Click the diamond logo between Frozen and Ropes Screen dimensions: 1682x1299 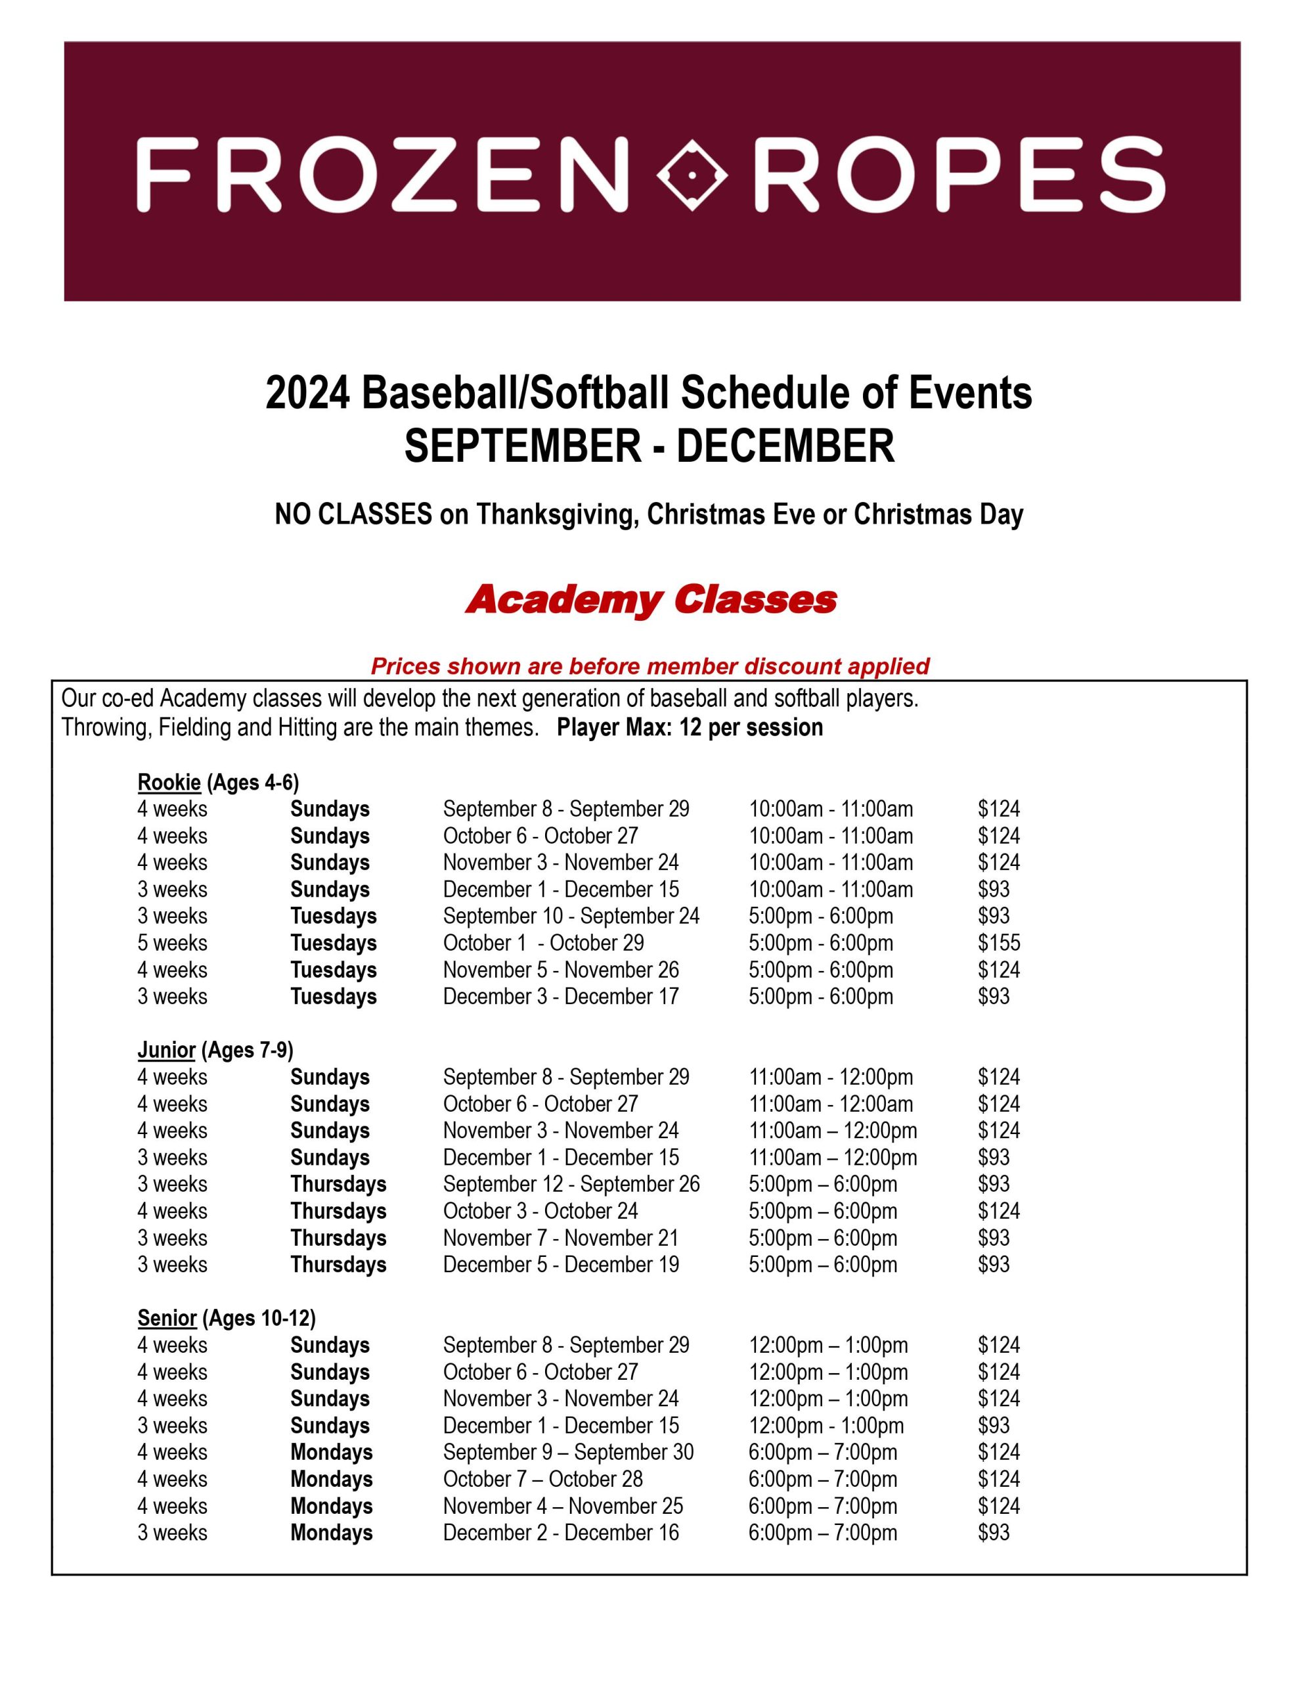tap(691, 175)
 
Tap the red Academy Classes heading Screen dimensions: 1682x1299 tap(651, 600)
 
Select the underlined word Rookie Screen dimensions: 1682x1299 tap(169, 783)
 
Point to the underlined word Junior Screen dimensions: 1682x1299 tap(166, 1050)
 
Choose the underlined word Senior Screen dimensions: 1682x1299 tap(167, 1318)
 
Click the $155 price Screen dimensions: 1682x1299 tap(999, 943)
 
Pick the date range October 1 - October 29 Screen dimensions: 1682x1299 tap(543, 943)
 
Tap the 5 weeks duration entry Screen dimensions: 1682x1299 tap(173, 943)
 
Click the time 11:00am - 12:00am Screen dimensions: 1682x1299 tap(831, 1104)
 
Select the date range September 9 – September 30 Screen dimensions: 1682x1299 tap(567, 1452)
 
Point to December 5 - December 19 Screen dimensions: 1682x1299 tap(561, 1265)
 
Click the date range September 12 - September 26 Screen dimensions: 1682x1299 tap(571, 1184)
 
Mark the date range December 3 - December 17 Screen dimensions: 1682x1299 tap(561, 997)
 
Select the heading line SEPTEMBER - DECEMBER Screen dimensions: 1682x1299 tap(649, 446)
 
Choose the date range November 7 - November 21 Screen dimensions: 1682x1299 tap(561, 1238)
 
